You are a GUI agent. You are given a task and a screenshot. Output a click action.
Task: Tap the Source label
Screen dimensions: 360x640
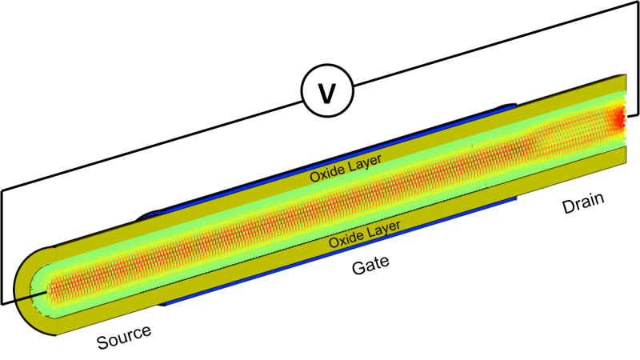click(x=124, y=338)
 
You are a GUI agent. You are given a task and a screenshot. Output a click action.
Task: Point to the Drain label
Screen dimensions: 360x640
click(x=582, y=203)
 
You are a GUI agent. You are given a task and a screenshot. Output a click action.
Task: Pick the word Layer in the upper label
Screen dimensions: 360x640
click(x=364, y=163)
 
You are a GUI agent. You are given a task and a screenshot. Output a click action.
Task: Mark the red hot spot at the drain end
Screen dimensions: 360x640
click(x=618, y=120)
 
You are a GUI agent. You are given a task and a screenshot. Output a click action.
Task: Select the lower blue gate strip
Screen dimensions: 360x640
click(x=336, y=263)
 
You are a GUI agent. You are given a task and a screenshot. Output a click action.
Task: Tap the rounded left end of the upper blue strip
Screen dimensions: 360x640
click(x=144, y=215)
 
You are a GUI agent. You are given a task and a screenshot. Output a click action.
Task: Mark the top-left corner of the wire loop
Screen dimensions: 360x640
click(x=2, y=190)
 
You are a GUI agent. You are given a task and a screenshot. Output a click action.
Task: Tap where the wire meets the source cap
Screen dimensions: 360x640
click(x=36, y=295)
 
